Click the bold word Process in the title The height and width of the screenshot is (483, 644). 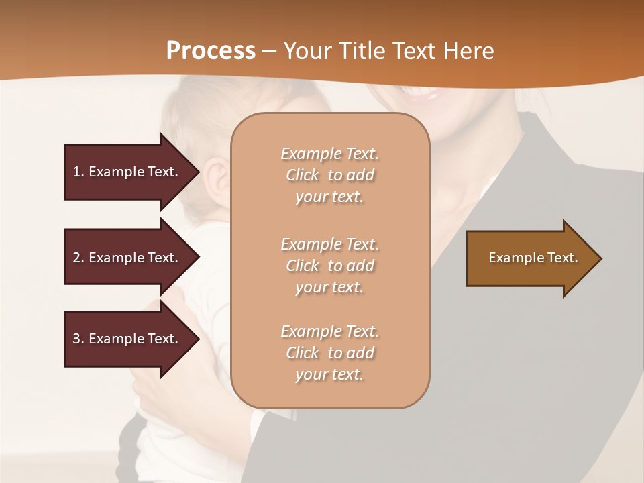(211, 51)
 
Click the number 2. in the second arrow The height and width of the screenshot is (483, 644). (78, 258)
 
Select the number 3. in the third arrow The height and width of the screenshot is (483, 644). (78, 339)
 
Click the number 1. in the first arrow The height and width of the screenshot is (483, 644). (78, 172)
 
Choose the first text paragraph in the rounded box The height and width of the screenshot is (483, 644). (329, 175)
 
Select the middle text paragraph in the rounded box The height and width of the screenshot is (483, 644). (329, 266)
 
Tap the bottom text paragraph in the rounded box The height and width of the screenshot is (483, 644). (329, 353)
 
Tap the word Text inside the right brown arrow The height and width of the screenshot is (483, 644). (562, 258)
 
